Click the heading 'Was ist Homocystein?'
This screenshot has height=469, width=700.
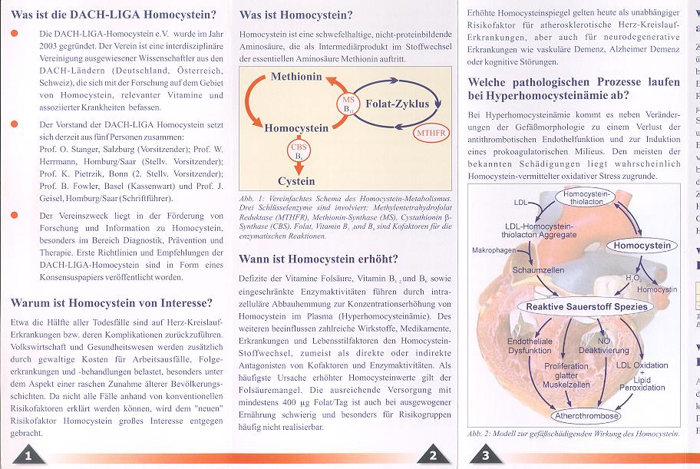(296, 15)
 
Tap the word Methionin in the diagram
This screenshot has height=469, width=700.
(296, 77)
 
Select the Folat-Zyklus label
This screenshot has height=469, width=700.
(397, 104)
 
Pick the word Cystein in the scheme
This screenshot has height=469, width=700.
(296, 181)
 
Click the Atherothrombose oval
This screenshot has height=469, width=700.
(586, 416)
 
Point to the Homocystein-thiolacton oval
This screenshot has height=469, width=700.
(586, 198)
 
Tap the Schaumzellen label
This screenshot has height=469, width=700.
(539, 271)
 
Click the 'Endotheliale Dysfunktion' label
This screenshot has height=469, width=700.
(529, 345)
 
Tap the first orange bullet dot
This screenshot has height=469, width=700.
(14, 35)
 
